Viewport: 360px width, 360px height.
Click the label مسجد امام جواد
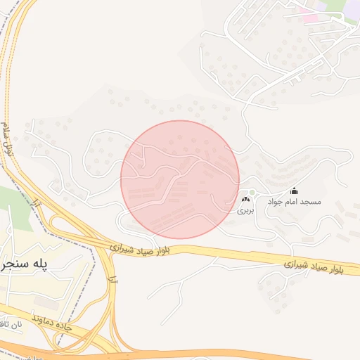coord(302,202)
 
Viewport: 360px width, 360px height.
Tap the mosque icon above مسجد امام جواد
coord(294,191)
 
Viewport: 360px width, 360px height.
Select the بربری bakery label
coord(245,210)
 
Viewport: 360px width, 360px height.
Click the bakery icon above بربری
coord(245,200)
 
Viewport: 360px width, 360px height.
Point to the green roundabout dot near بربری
coord(251,192)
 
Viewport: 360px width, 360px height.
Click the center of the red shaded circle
coord(180,180)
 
